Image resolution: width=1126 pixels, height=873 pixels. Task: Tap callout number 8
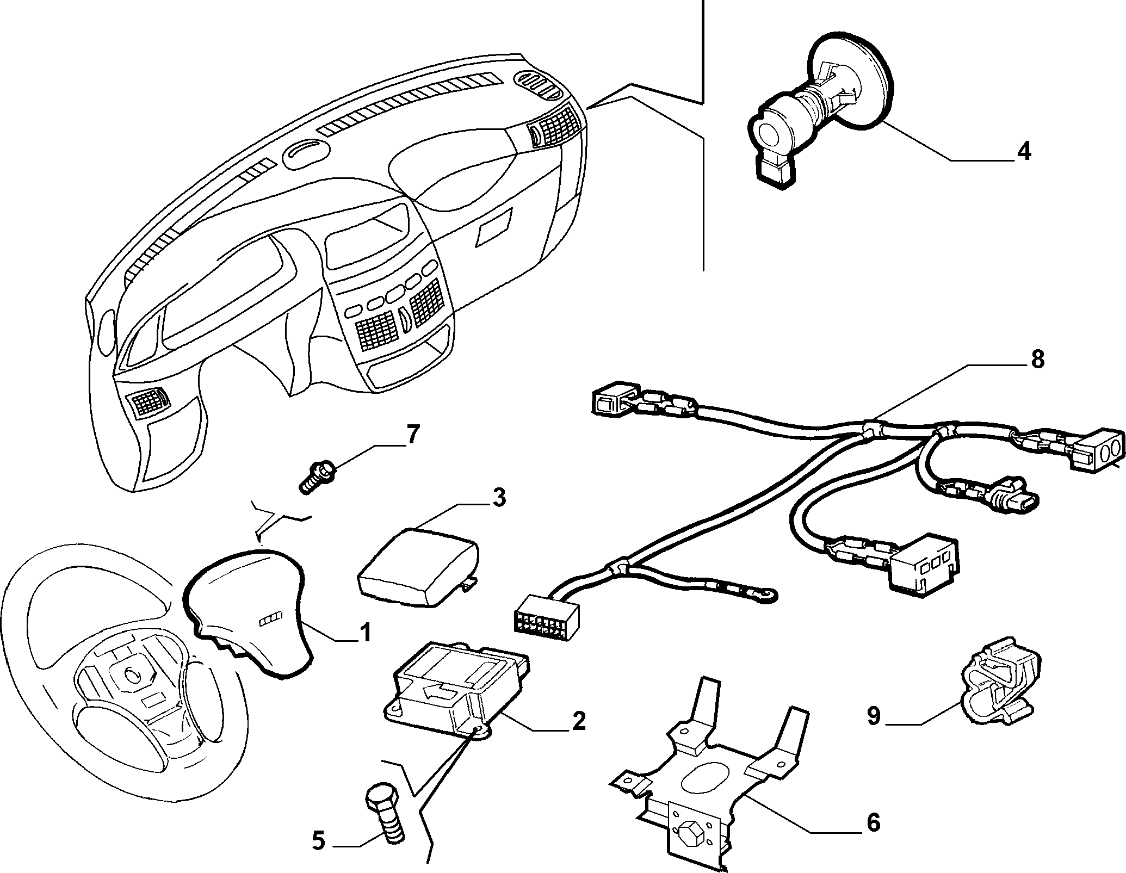1037,360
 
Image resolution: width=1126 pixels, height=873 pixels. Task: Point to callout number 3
498,498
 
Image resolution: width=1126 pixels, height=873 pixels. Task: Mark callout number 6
873,822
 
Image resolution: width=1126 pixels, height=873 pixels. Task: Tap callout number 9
874,716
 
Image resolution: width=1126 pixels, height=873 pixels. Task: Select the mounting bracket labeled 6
707,789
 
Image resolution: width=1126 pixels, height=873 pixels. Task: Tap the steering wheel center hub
132,674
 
